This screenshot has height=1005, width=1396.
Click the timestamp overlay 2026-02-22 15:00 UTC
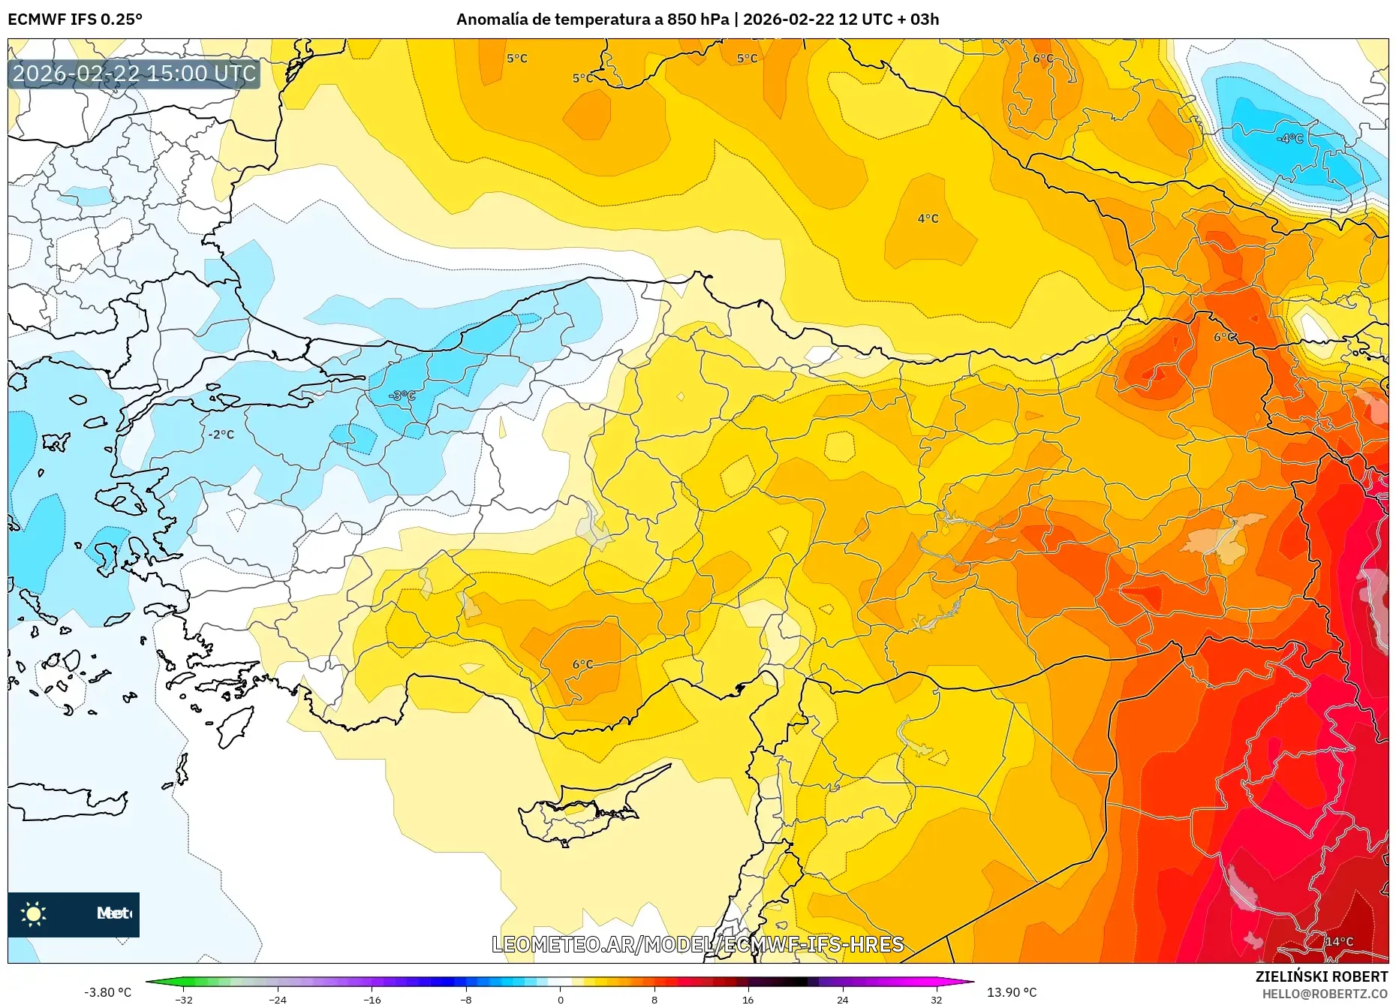coord(134,74)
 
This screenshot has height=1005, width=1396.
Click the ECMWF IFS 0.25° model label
coord(75,20)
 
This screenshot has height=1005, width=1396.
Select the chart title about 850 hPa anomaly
coord(697,20)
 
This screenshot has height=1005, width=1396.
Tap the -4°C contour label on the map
coord(1289,139)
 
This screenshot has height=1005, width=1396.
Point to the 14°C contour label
coord(1338,941)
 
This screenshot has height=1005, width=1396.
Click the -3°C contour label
coord(402,396)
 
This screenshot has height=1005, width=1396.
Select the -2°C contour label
coord(221,435)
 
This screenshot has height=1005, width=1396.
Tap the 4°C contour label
coord(928,218)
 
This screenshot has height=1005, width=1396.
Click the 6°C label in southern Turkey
coord(582,664)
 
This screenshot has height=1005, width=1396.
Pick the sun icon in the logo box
coord(34,913)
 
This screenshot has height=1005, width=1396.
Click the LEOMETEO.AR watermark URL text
coord(697,944)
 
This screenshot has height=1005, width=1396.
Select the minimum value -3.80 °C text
coord(107,992)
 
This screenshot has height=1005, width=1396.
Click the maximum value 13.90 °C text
coord(1011,992)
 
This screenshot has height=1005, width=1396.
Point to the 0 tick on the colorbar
coord(560,1000)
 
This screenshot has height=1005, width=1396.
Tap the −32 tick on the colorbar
coord(184,1000)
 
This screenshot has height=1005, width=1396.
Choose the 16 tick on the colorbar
coord(748,1000)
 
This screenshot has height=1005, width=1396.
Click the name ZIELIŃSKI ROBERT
coord(1321,976)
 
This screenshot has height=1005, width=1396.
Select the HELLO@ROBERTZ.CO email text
coord(1324,994)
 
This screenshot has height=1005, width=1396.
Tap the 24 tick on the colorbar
coord(842,1000)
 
